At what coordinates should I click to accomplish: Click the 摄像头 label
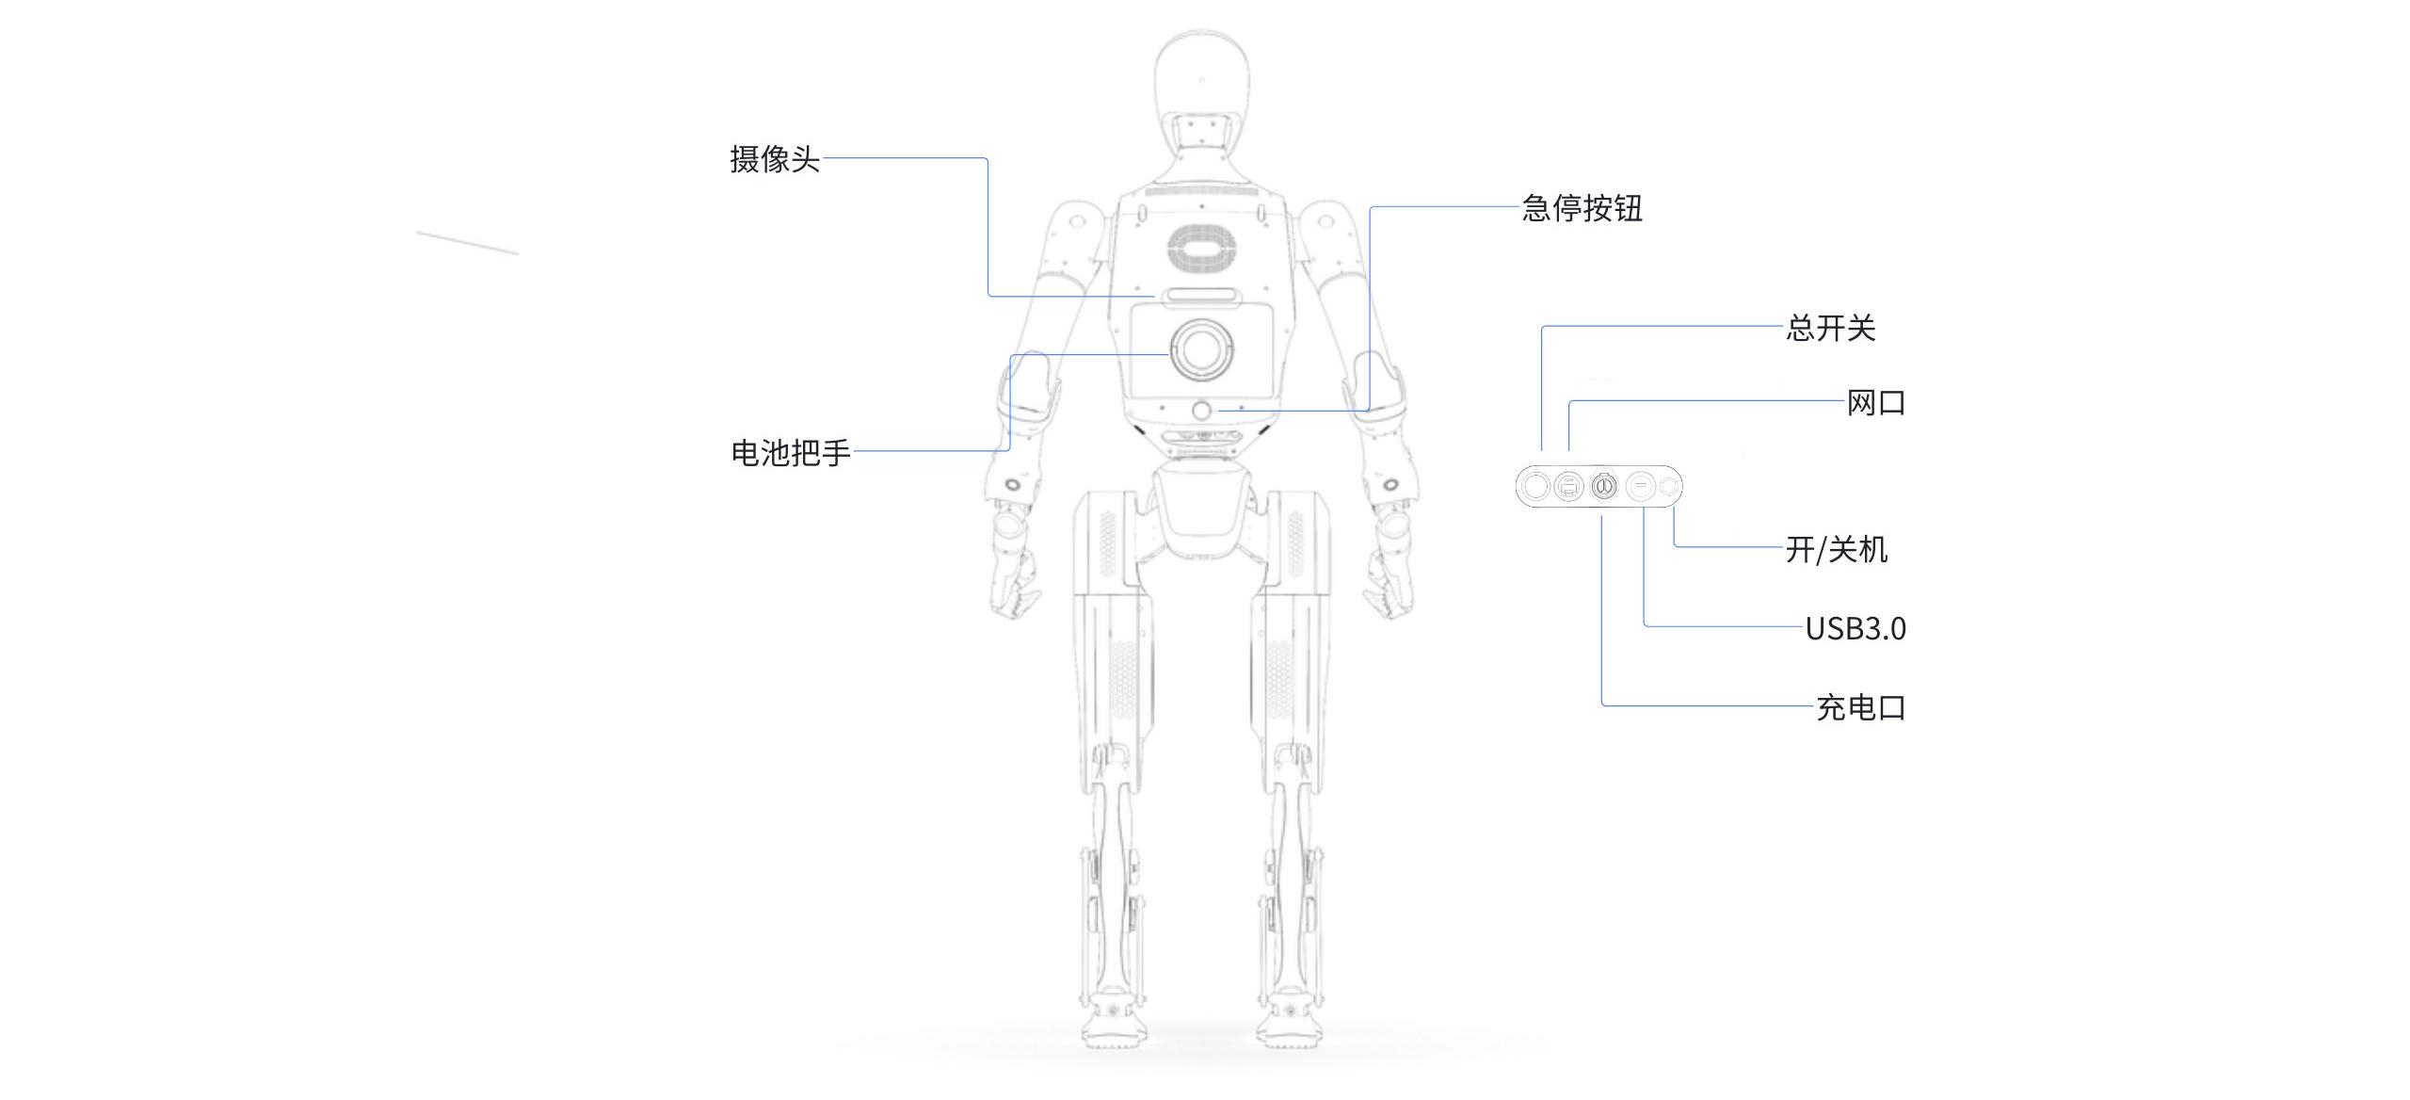coord(775,159)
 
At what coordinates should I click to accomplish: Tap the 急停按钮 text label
coord(1582,208)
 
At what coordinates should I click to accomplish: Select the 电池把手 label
coord(791,453)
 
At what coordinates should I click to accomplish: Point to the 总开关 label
coord(1831,328)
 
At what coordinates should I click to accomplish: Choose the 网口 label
coord(1875,403)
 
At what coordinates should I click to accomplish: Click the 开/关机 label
coord(1837,549)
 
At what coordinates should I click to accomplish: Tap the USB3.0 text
coord(1855,628)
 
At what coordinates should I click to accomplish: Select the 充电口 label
coord(1860,707)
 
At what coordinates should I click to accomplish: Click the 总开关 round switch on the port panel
coord(1536,487)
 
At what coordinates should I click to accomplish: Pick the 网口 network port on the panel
coord(1568,487)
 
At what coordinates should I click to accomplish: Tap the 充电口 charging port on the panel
coord(1603,487)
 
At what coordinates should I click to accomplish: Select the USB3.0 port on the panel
coord(1640,487)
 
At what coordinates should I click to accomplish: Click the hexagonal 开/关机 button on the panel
coord(1669,487)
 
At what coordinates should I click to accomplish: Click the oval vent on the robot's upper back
coord(1201,250)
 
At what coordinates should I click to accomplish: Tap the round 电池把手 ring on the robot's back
coord(1201,350)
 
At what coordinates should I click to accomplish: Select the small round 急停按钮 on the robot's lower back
coord(1202,411)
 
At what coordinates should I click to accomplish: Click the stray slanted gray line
coord(467,242)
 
